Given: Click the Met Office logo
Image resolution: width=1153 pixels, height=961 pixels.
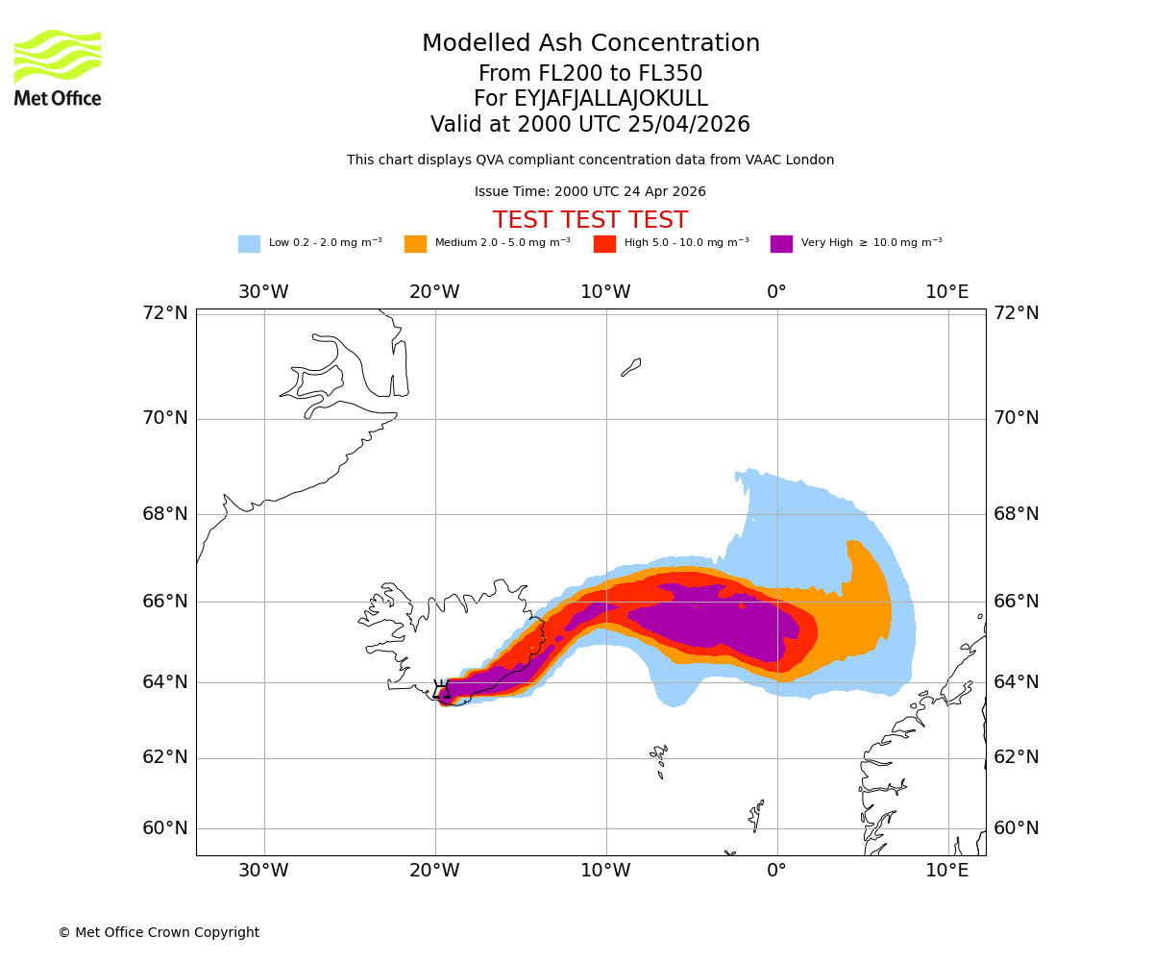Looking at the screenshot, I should [x=58, y=67].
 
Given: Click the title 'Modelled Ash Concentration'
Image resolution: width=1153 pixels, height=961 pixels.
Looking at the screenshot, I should [x=591, y=44].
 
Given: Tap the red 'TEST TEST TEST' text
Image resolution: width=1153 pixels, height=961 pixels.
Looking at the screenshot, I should [x=590, y=220].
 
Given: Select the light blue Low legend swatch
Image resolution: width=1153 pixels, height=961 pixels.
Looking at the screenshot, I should [x=249, y=244].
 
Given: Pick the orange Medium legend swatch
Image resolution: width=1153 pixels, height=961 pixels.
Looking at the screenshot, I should [x=415, y=244].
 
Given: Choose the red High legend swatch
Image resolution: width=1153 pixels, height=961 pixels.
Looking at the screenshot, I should [x=604, y=244].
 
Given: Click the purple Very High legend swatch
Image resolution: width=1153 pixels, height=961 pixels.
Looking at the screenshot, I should [x=781, y=244].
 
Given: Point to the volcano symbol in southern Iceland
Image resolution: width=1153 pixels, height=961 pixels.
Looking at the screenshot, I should [x=441, y=689].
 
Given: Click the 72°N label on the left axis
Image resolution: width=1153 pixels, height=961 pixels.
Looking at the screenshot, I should [x=165, y=313].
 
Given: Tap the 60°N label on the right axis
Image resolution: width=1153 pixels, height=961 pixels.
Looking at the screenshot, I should [x=1017, y=828].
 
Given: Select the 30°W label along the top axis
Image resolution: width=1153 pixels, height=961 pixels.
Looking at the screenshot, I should [x=263, y=292].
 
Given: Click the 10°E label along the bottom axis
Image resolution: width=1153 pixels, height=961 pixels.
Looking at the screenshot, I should [x=947, y=871].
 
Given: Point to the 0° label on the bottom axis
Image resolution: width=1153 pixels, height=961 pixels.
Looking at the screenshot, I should [x=776, y=871].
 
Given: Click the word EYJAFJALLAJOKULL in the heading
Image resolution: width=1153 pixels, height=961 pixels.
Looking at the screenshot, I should [x=611, y=99].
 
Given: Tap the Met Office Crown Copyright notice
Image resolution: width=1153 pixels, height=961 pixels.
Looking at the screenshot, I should [x=159, y=932].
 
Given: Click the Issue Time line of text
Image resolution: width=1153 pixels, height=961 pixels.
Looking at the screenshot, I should [x=590, y=192].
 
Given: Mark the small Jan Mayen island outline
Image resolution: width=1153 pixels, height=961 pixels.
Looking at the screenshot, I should [x=631, y=367].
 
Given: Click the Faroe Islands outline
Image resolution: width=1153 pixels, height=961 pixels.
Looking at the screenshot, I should [x=659, y=759].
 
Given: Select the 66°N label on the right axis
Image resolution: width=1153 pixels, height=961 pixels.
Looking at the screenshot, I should [x=1017, y=602].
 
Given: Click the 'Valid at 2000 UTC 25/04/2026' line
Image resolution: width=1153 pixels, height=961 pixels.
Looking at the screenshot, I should [x=590, y=125].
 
